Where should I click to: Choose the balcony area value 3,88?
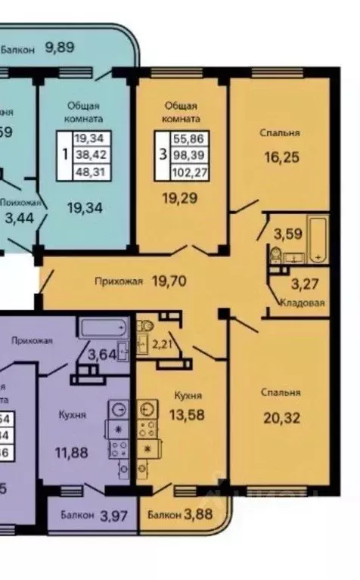(x=199, y=516)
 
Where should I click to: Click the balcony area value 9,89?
(x=60, y=48)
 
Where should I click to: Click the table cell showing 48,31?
(x=90, y=172)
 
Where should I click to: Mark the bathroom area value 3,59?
(x=287, y=233)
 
